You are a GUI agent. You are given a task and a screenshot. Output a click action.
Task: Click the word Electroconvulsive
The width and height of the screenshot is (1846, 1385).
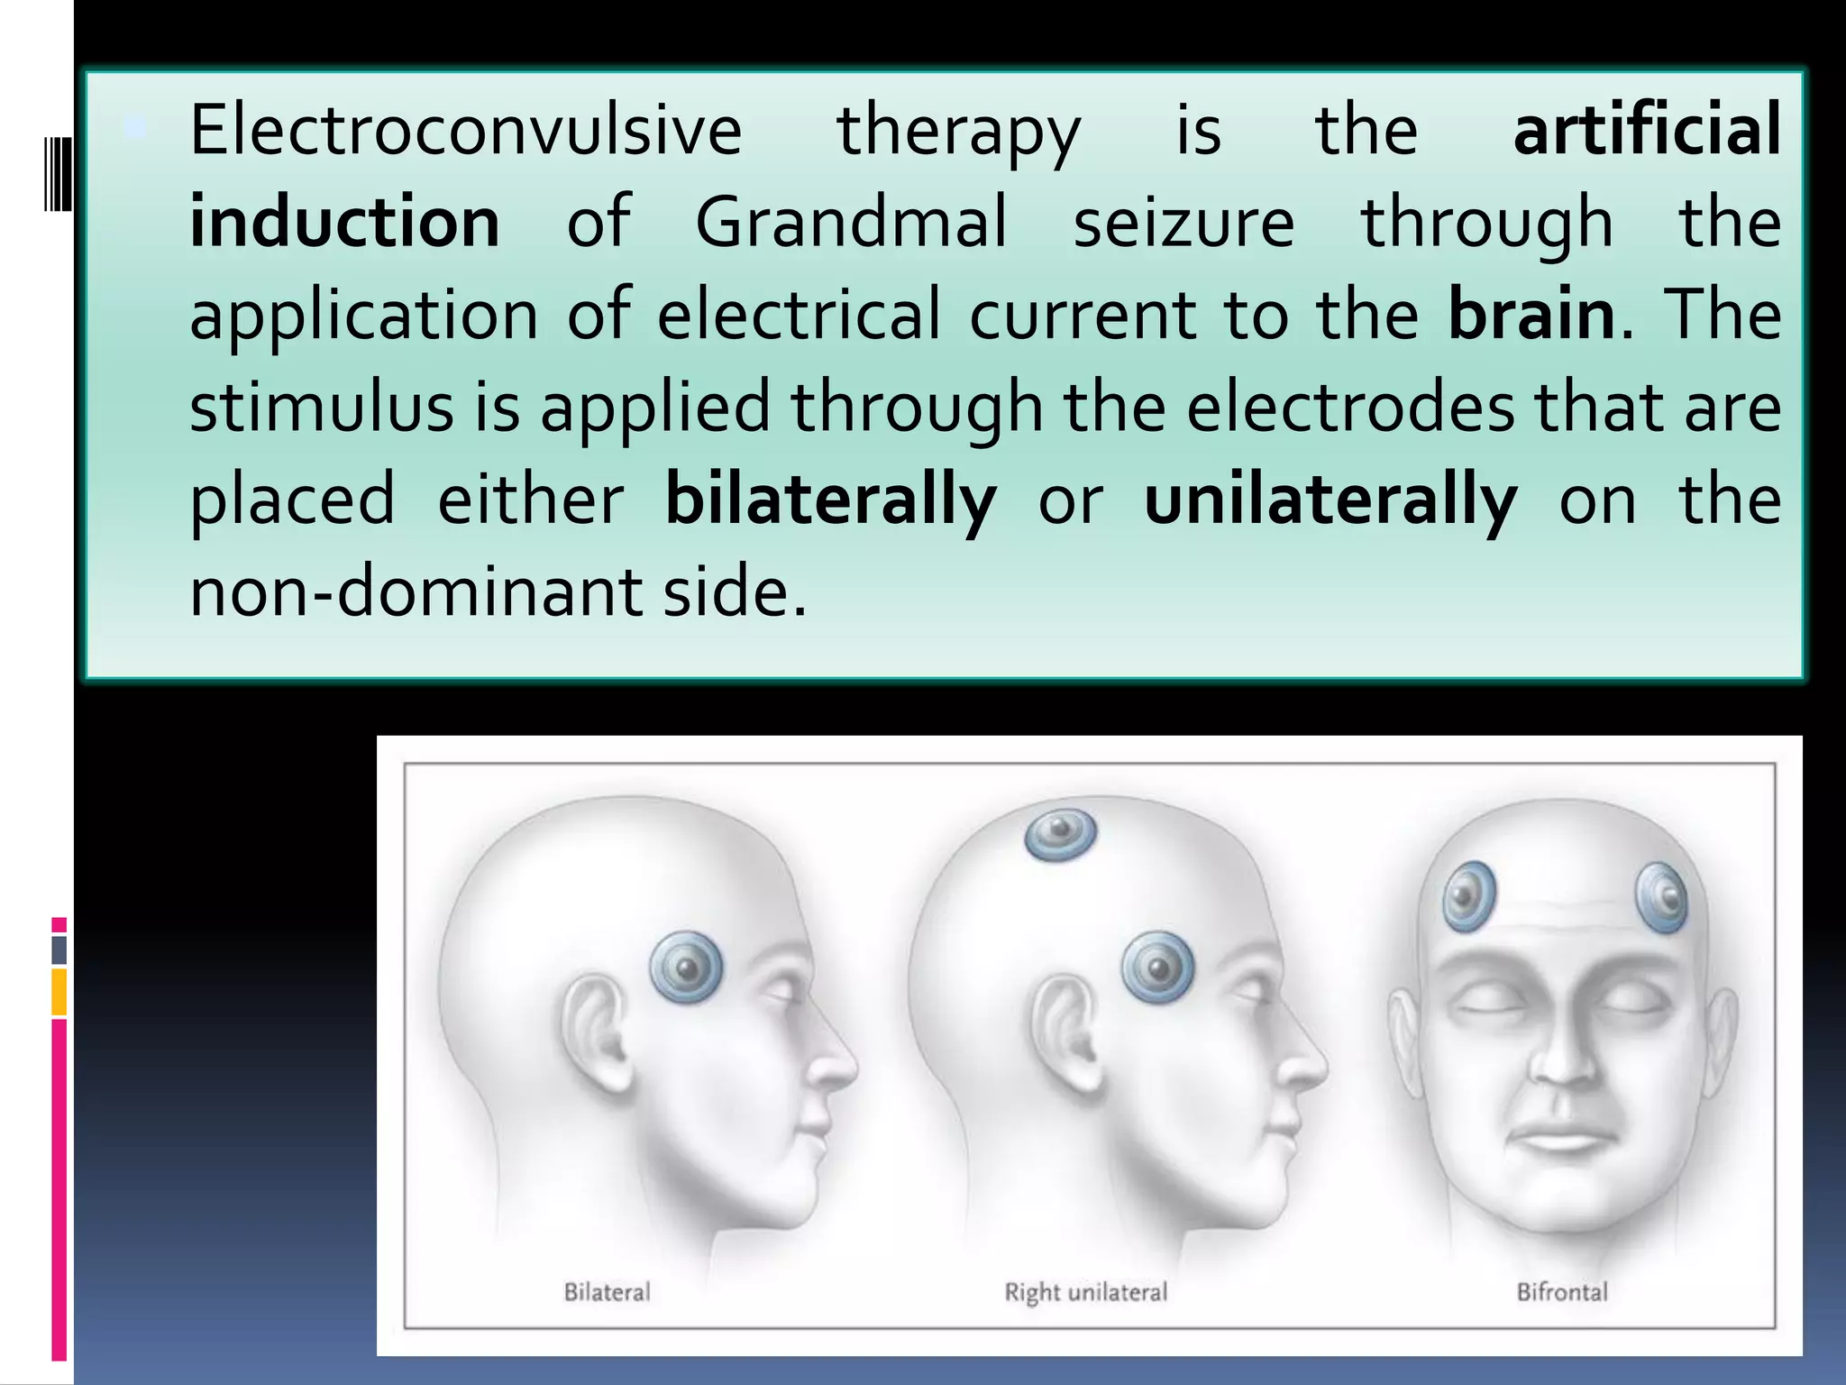coord(466,132)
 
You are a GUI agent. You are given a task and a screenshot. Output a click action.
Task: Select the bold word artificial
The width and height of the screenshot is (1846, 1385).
coord(1647,132)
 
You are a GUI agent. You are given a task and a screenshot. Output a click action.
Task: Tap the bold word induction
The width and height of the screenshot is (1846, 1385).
coord(344,223)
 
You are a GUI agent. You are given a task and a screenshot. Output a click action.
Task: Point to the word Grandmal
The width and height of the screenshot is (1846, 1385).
coord(851,223)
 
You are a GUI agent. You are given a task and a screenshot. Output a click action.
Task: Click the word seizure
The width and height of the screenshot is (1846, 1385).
coord(1183,223)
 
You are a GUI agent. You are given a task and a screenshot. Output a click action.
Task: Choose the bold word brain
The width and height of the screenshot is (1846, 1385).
coord(1531,315)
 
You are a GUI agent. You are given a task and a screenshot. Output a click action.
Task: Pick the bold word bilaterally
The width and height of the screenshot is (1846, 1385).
coord(830,500)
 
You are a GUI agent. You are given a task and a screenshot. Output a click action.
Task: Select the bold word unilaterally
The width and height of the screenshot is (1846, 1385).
coord(1330,500)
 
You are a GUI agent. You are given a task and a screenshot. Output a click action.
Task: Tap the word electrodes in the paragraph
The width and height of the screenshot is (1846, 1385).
coord(1349,408)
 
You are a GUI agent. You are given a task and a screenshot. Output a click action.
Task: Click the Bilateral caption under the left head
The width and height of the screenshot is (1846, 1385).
coord(607,1292)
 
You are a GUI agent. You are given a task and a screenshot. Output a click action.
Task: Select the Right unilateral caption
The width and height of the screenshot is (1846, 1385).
coord(1085,1292)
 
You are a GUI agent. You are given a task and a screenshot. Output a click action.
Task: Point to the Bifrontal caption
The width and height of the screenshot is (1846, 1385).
coord(1562,1292)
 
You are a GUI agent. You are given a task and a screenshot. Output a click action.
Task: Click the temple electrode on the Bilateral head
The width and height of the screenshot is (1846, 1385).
coord(687,968)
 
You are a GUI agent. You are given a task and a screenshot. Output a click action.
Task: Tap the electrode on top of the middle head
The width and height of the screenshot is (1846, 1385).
coord(1061,833)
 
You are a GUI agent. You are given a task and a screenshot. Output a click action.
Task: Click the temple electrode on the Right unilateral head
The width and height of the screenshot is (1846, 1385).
coord(1157,968)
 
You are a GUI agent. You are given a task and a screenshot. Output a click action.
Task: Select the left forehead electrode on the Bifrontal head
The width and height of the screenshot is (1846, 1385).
coord(1469,896)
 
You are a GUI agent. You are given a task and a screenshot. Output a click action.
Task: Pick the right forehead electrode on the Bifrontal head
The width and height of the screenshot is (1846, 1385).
coord(1661,896)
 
